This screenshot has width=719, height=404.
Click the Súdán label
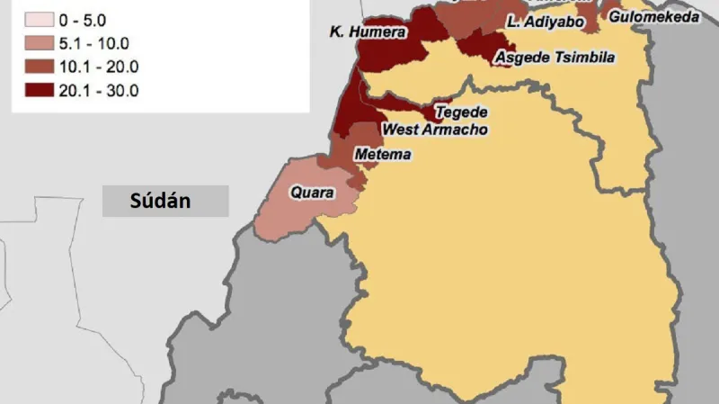[160, 200]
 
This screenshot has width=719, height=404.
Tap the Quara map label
[312, 193]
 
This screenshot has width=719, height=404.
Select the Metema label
[383, 155]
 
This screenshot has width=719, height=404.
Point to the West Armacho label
[435, 130]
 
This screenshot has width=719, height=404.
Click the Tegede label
[461, 112]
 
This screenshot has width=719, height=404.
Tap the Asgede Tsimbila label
[555, 58]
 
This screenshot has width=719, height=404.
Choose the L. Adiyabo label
[545, 21]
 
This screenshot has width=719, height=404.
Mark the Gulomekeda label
[653, 16]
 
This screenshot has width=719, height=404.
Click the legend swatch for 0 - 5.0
[37, 20]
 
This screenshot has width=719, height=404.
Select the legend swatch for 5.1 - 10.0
[37, 43]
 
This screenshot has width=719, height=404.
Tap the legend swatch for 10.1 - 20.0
[37, 67]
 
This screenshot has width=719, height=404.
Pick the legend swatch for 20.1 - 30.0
[37, 90]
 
